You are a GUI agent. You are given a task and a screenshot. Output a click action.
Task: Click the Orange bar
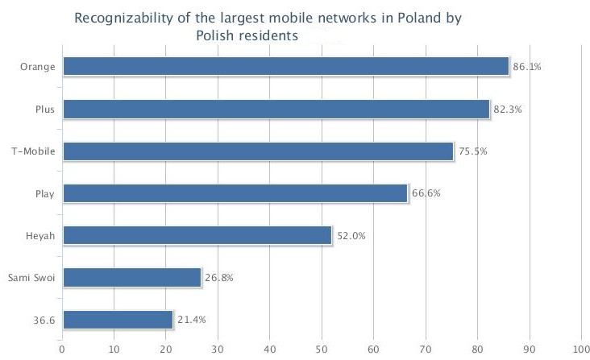[x=285, y=66]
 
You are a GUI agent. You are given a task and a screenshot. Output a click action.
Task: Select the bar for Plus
[x=276, y=109]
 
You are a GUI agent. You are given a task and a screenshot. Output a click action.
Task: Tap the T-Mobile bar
[x=258, y=151]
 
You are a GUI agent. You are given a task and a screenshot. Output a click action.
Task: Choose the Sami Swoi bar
[x=131, y=277]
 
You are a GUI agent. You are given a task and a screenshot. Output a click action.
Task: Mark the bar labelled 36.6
[x=118, y=319]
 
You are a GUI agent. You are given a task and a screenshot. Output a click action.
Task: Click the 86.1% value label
[x=526, y=67]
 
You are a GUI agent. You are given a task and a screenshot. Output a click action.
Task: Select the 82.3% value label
[x=507, y=109]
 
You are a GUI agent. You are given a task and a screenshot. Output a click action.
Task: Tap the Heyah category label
[x=41, y=235]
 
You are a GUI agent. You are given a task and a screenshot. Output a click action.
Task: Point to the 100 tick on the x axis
[x=581, y=349]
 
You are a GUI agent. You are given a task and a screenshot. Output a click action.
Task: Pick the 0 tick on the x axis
[x=62, y=349]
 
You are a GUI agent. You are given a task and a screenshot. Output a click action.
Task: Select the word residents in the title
[x=268, y=35]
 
